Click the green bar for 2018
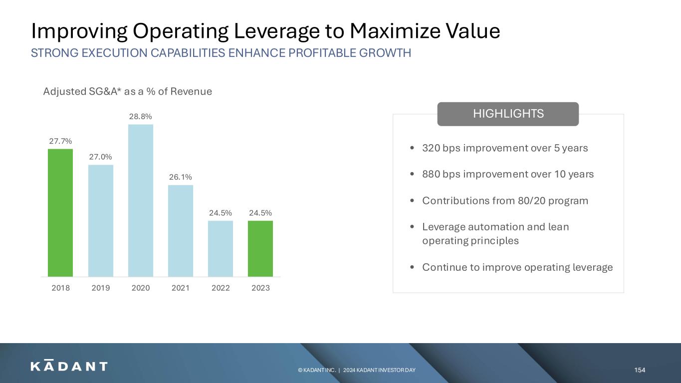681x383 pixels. (60, 213)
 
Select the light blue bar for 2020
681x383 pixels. (141, 200)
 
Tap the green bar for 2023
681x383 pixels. (260, 249)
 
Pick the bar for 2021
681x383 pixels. (181, 231)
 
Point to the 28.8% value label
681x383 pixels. (141, 116)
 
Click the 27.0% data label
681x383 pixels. (100, 157)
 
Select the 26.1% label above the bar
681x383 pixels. (181, 177)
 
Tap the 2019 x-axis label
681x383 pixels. (101, 288)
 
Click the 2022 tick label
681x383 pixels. (221, 288)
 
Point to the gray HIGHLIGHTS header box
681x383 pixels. (508, 114)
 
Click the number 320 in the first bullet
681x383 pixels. (431, 148)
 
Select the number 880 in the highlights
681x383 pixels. (431, 174)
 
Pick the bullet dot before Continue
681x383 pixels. (412, 267)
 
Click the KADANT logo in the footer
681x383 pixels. (69, 366)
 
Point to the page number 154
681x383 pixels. (640, 370)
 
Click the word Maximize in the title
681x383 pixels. (395, 31)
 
